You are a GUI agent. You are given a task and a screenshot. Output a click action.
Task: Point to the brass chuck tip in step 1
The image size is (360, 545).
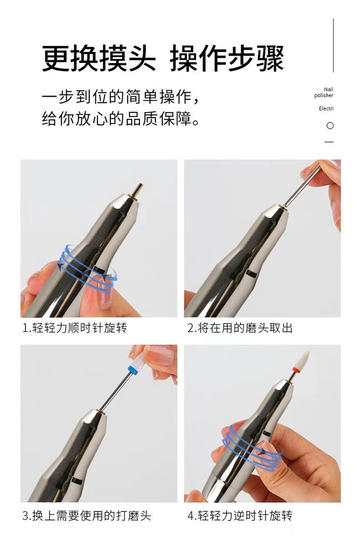tap(137, 190)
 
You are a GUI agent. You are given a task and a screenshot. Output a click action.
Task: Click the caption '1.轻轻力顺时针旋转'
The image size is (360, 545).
tap(75, 328)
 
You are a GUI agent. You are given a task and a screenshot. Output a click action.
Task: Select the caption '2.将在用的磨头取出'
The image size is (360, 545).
tap(240, 328)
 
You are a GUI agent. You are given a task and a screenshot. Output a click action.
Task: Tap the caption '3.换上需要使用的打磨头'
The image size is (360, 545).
tap(87, 516)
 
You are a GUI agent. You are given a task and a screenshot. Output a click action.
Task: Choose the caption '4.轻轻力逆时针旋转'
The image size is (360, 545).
tap(240, 516)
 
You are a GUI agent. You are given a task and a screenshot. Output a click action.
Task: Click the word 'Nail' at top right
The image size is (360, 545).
tap(328, 89)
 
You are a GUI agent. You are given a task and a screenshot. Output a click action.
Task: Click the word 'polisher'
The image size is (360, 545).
tap(324, 96)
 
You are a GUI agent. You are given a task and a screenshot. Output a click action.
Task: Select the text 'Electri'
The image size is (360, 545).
tap(326, 109)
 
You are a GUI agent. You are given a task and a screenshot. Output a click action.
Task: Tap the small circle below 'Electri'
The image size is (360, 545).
tap(330, 125)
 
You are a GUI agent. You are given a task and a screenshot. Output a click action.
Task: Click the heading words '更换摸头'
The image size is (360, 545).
tap(99, 59)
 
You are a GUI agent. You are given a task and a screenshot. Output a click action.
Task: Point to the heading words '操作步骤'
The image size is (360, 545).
tap(227, 59)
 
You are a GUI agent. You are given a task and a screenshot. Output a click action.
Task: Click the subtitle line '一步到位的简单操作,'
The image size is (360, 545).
tap(120, 97)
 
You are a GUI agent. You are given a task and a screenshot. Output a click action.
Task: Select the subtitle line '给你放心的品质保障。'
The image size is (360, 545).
tap(120, 119)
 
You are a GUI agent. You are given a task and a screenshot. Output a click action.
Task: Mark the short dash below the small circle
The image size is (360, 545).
tap(329, 142)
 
